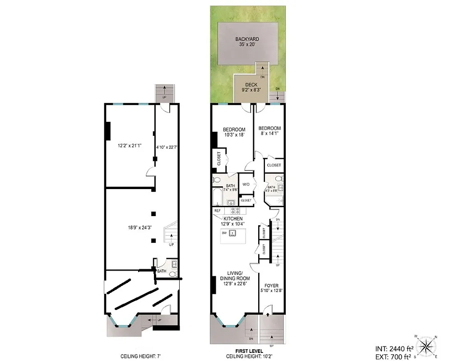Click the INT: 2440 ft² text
(x=394, y=349)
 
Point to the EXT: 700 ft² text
(x=394, y=357)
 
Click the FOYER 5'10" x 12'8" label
(x=271, y=288)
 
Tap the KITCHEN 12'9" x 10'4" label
(x=232, y=221)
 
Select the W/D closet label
(x=246, y=185)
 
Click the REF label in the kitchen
(x=218, y=211)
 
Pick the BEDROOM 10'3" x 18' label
(x=234, y=132)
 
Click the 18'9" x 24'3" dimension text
(x=140, y=227)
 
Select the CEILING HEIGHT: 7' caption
(x=140, y=356)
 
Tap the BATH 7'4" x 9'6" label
(x=230, y=188)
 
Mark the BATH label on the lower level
(x=162, y=271)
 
